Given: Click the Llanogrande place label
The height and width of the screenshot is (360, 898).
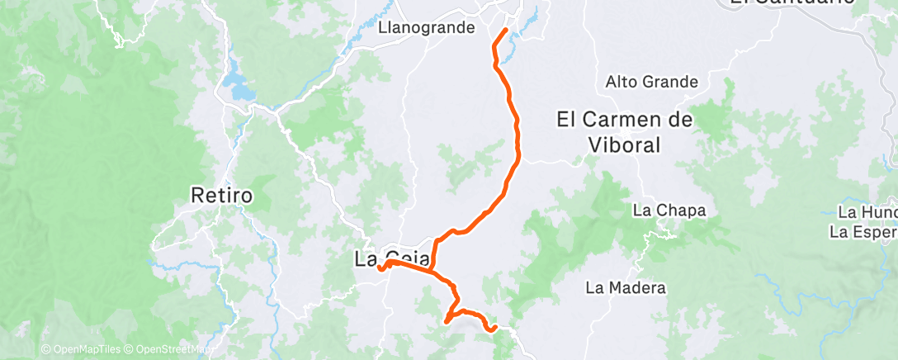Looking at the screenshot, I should pyautogui.click(x=426, y=27).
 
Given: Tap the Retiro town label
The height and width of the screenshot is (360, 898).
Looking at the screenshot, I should pyautogui.click(x=221, y=197).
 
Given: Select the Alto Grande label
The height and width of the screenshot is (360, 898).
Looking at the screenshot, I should pyautogui.click(x=652, y=82).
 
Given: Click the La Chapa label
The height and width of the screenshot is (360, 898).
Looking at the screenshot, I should pyautogui.click(x=669, y=210).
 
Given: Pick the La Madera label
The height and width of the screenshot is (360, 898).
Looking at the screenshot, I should pyautogui.click(x=625, y=288).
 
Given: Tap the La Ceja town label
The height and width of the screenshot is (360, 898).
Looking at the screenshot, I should pyautogui.click(x=391, y=258).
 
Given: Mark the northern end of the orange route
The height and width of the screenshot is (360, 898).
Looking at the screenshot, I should pyautogui.click(x=505, y=31).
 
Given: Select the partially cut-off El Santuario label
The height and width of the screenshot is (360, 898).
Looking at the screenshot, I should pyautogui.click(x=780, y=3).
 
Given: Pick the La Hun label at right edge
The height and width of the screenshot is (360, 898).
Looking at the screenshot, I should pyautogui.click(x=867, y=213).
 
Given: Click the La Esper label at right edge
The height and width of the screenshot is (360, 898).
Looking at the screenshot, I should pyautogui.click(x=863, y=231).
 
